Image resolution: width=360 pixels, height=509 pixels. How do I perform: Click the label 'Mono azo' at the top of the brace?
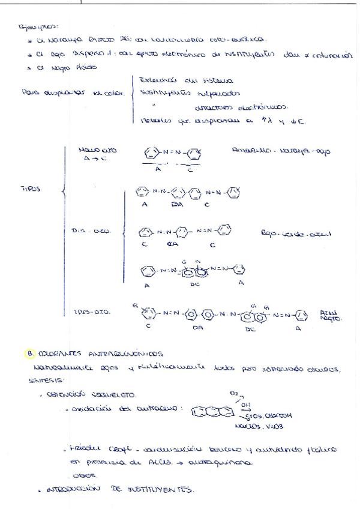(x=97, y=149)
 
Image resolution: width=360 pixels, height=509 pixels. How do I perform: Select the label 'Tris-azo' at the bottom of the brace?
(x=92, y=312)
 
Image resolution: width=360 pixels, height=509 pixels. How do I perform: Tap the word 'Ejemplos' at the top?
(x=38, y=26)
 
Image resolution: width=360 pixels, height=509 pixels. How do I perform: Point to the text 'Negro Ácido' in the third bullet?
(x=60, y=67)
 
